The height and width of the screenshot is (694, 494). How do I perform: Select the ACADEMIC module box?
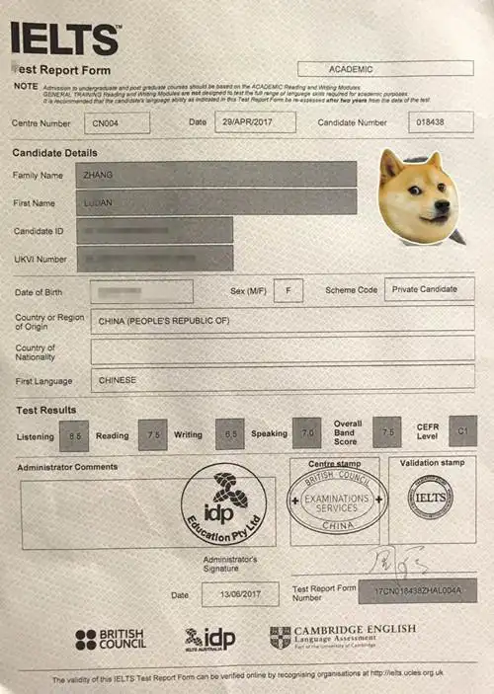(384, 69)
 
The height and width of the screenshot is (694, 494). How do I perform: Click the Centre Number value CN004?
(117, 122)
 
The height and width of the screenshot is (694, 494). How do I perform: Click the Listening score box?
(75, 434)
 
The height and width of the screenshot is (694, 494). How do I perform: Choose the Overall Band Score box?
(386, 431)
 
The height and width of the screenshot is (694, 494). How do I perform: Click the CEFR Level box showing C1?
(461, 430)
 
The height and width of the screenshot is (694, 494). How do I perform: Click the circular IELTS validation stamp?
(430, 498)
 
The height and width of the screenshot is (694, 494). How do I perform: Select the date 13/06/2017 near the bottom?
(239, 594)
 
